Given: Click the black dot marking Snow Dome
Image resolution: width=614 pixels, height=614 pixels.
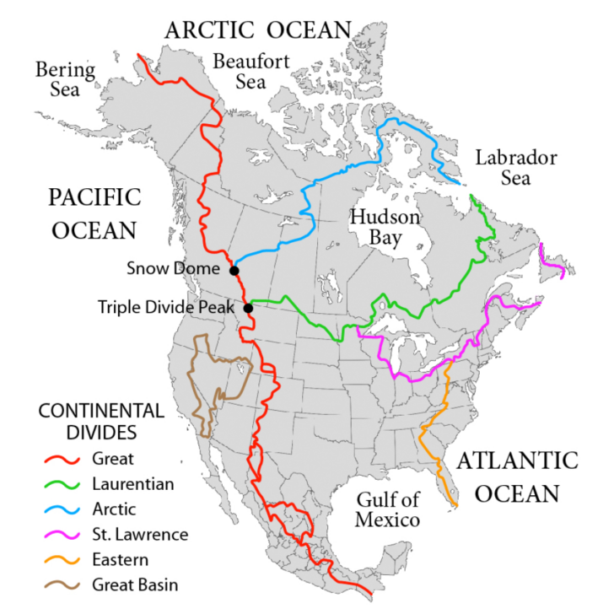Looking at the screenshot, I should click(x=234, y=271).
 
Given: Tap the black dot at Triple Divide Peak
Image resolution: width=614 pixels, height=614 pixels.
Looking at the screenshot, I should click(x=249, y=308).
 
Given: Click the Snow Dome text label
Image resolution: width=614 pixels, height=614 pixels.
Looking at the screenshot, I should click(x=177, y=270).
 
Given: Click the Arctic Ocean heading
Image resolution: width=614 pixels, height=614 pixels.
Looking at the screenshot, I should click(x=257, y=30).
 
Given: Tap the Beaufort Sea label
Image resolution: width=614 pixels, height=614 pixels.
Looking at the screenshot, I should click(x=240, y=71).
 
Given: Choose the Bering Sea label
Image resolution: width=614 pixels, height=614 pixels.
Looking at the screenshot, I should click(x=58, y=77).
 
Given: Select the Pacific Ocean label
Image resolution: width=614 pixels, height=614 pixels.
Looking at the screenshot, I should click(x=92, y=213).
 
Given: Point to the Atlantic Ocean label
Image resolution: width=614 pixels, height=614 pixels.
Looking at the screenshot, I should click(x=517, y=477).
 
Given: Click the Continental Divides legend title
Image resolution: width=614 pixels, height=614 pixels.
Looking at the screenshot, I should click(x=101, y=422).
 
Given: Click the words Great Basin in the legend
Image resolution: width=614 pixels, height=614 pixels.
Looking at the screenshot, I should click(x=133, y=584).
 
